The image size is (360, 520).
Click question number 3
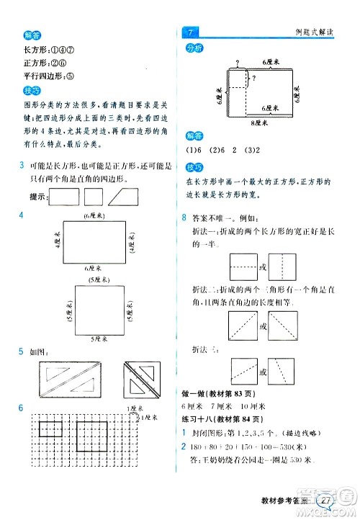(x=22, y=166)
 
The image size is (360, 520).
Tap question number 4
(x=22, y=215)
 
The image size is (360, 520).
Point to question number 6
(x=22, y=409)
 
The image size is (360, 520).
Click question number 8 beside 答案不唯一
(x=185, y=218)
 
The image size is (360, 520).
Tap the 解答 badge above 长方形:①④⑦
(x=32, y=35)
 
